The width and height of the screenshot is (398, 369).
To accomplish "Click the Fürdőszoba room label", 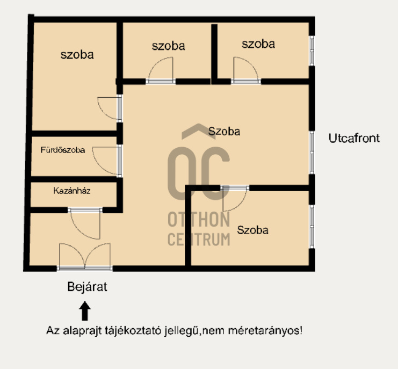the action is [63, 150].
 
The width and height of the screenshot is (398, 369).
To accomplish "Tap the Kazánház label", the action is [72, 191].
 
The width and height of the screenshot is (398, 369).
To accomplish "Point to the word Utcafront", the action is [354, 139].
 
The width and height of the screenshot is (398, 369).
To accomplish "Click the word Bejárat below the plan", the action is [88, 287].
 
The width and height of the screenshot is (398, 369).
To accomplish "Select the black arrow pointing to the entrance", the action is [85, 311].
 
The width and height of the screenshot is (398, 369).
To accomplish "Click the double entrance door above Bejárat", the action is [85, 257].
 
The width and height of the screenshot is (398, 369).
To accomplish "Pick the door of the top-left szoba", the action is [110, 108].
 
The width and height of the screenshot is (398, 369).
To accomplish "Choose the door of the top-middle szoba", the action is [161, 70].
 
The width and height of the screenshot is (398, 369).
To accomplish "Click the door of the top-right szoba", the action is [245, 70].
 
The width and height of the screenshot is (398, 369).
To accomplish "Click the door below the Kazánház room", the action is [85, 223].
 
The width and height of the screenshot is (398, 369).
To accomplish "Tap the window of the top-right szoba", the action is [312, 50].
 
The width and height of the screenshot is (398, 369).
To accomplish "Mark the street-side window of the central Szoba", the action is [312, 153].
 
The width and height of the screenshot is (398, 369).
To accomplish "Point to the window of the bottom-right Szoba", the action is [312, 227].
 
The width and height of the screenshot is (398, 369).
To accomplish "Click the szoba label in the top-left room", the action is [77, 55].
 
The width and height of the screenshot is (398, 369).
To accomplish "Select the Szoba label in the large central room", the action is [224, 132].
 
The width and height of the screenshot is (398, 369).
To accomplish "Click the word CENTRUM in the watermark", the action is [199, 240].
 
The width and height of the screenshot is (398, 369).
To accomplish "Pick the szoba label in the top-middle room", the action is [168, 46].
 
